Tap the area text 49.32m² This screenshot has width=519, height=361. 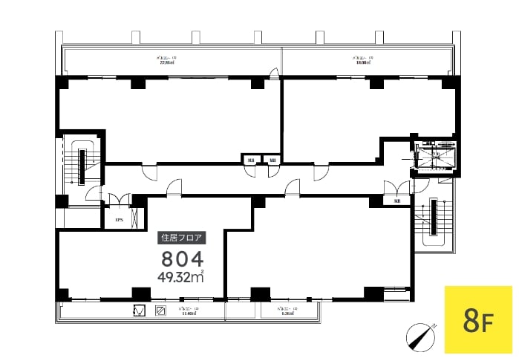coord(180,278)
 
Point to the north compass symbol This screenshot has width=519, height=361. coord(420,337)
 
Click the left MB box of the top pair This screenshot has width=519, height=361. coord(250,160)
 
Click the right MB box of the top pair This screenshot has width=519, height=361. coord(272,160)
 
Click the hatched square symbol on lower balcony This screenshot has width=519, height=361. coord(160,311)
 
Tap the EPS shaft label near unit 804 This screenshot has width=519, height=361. coord(119,220)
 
